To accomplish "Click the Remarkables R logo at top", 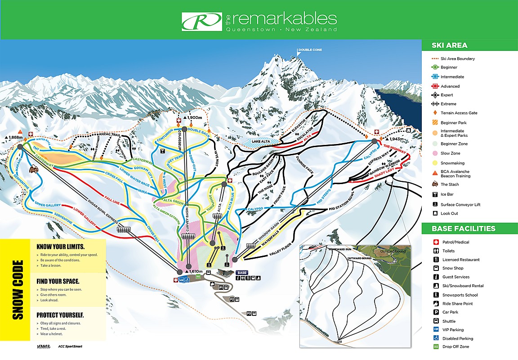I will (201, 20).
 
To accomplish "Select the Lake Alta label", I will (261, 142).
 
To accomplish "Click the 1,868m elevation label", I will (13, 137).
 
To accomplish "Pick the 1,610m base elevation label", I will (197, 271).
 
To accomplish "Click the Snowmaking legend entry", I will (452, 163).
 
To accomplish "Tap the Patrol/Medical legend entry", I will (455, 242).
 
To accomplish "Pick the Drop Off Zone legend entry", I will (455, 346).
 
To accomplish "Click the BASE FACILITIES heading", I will (463, 229).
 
